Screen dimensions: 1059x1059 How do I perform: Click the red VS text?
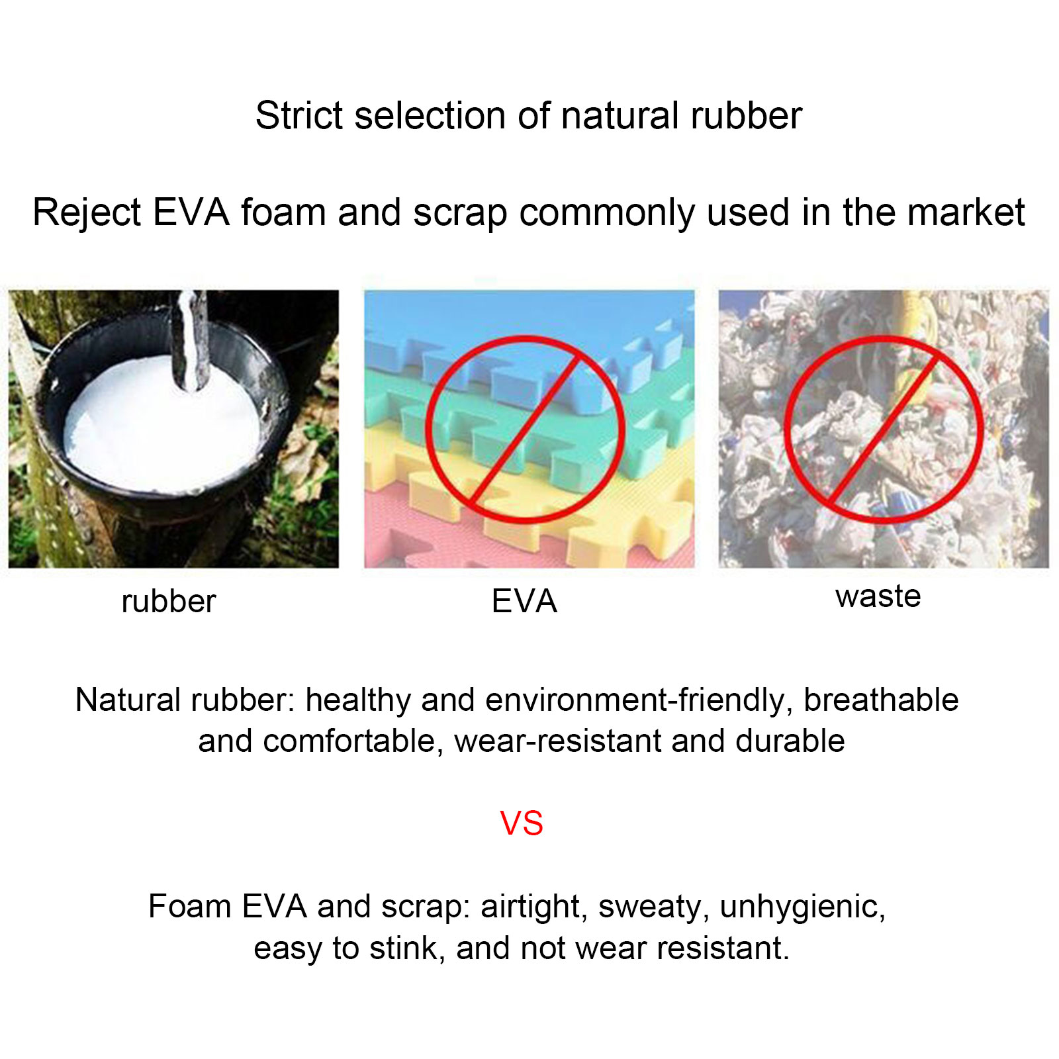[522, 823]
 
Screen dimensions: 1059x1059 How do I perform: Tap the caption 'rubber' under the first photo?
[169, 601]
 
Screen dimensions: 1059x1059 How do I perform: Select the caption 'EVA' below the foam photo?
[524, 601]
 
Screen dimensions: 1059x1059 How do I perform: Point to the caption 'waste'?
[878, 596]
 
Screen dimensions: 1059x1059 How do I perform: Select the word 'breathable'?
[881, 700]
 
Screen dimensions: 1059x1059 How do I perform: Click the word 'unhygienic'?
[803, 907]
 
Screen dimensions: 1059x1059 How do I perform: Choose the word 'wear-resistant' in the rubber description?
[558, 741]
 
